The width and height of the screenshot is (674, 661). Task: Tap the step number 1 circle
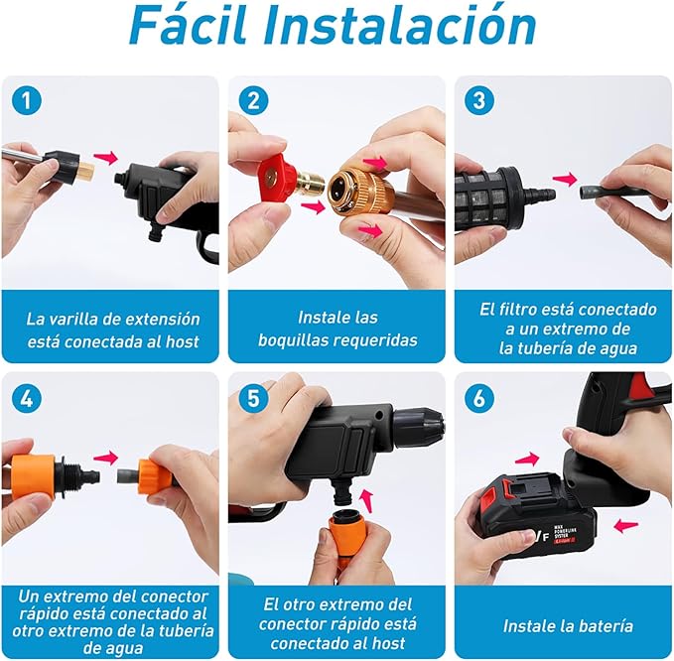point(28,101)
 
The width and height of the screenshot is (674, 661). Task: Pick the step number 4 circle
point(28,398)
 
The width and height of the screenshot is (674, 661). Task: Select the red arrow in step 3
point(565,180)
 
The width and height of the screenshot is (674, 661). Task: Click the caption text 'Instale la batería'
point(567,626)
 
